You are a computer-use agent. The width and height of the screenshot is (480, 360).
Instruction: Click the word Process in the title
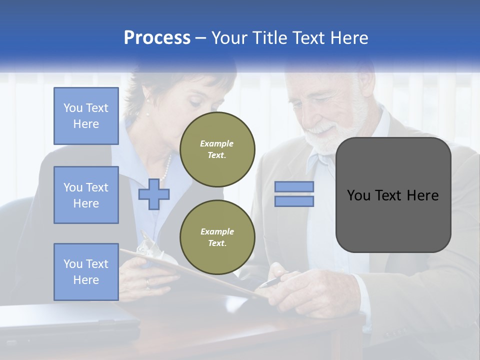coord(157,38)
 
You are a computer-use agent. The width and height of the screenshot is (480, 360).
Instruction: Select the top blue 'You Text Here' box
coord(86,116)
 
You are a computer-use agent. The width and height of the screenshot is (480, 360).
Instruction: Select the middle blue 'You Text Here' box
coord(86,195)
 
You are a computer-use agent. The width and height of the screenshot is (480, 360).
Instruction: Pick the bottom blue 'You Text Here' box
coord(86,272)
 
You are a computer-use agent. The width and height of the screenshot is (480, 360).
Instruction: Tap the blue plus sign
coord(153,194)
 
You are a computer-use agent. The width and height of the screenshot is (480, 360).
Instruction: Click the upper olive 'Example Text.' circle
coord(217,149)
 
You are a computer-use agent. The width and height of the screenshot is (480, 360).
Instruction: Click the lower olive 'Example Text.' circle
coord(217,237)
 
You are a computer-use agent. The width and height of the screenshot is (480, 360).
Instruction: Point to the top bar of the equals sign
coord(294,187)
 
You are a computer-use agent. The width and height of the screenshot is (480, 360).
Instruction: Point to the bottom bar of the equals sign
coord(294,201)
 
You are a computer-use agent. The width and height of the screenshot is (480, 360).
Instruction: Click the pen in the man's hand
coord(272,281)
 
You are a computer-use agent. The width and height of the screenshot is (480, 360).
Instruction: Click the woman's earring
coord(148,101)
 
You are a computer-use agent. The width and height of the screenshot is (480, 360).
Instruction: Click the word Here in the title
coord(348,38)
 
